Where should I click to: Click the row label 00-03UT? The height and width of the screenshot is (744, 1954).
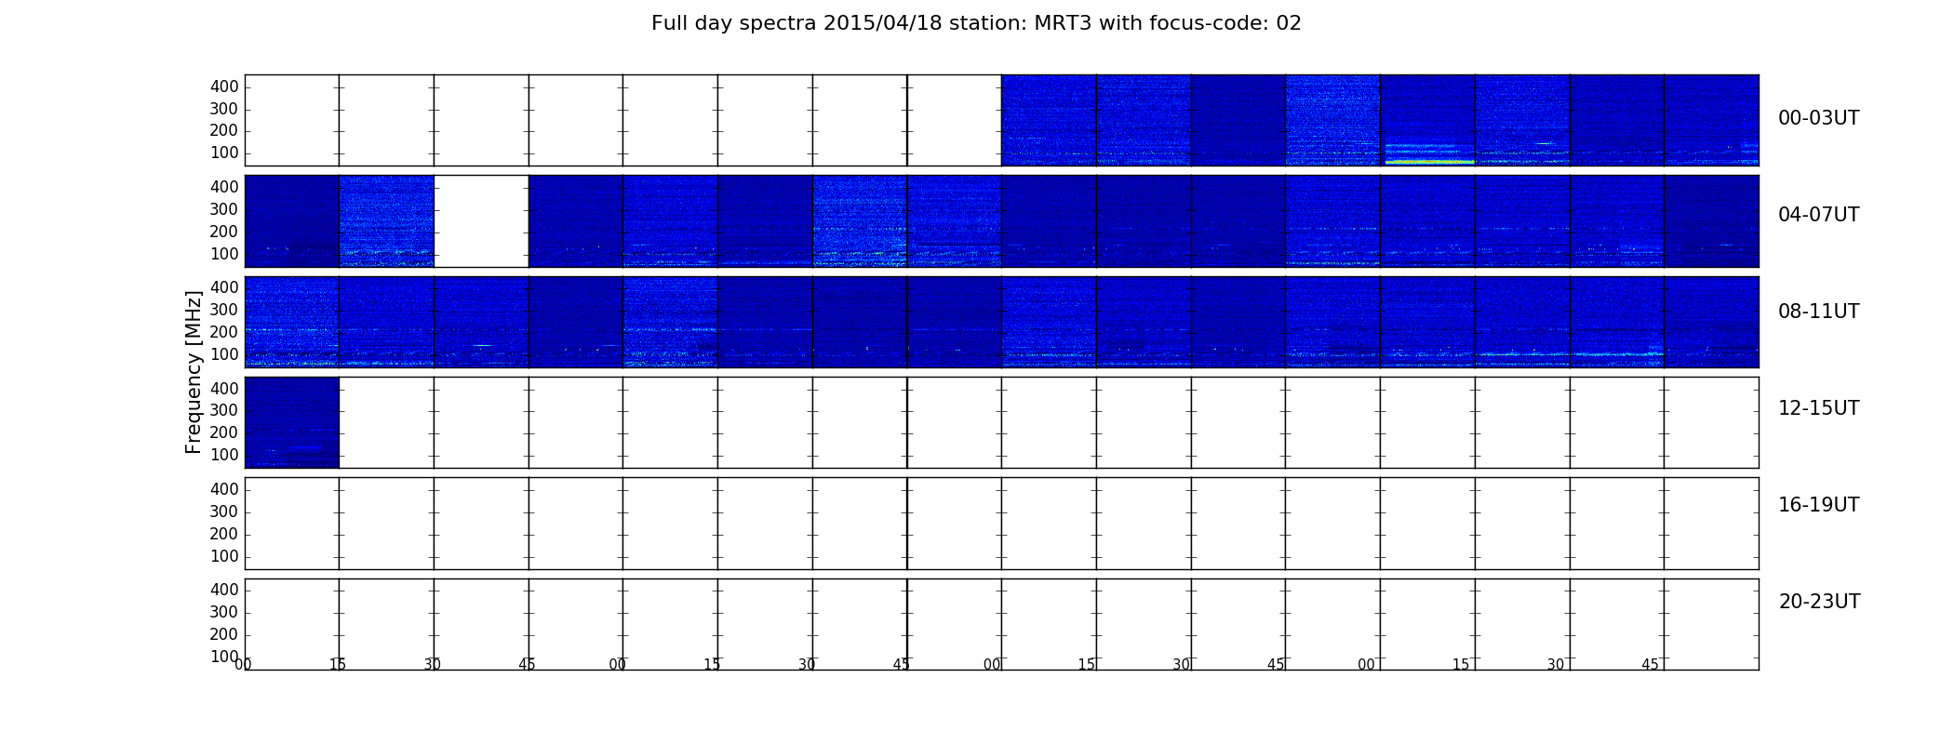[x=1818, y=118]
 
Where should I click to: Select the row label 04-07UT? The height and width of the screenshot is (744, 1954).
[x=1818, y=215]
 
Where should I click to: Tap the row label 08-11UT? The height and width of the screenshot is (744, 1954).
[x=1818, y=312]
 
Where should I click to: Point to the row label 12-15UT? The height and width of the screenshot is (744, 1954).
[x=1818, y=408]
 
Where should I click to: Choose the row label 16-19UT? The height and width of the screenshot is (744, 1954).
[x=1818, y=505]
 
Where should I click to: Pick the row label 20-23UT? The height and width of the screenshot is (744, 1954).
[x=1819, y=602]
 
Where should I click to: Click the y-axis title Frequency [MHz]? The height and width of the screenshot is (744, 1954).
[x=194, y=372]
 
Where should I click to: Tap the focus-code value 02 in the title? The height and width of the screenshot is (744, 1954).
[x=1289, y=23]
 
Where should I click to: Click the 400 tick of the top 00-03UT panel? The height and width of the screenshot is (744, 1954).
[x=224, y=86]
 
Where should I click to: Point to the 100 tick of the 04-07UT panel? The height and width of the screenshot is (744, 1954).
[x=224, y=254]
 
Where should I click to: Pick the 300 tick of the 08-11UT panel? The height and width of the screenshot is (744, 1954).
[x=224, y=310]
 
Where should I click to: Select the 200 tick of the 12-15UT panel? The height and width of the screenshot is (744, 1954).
[x=224, y=432]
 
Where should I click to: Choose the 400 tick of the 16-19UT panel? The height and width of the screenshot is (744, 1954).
[x=224, y=489]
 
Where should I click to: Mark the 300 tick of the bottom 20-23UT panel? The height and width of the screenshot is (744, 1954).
[x=224, y=612]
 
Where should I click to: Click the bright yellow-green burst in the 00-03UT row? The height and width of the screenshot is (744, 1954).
[x=1428, y=162]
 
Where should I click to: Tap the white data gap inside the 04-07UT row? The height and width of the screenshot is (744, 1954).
[x=481, y=221]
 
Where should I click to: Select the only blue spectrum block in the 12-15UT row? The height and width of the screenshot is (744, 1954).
[x=292, y=422]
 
